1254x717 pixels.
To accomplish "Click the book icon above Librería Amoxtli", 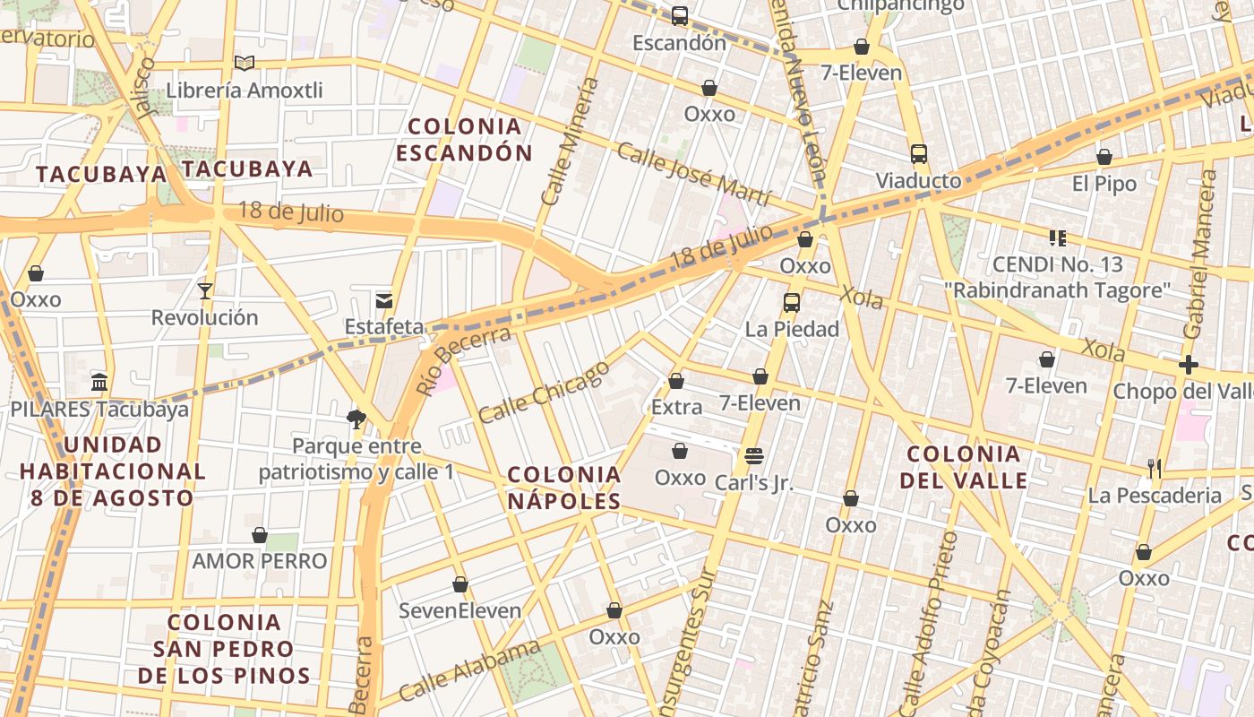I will tap(245, 63).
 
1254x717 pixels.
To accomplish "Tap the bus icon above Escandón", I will tap(680, 15).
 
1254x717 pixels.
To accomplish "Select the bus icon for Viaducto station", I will tap(919, 153).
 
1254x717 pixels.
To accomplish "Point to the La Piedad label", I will tap(792, 329).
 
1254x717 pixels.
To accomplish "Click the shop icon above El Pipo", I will tap(1104, 158).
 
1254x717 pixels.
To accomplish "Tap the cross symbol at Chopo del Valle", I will tap(1189, 365).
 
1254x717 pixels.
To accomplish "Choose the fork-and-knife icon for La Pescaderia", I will tap(1155, 468).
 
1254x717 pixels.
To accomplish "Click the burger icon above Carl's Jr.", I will tap(754, 455).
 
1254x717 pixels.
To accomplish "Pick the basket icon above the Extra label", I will tap(676, 381).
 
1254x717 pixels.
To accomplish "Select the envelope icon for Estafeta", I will tap(384, 300).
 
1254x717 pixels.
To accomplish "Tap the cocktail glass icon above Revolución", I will tap(205, 290).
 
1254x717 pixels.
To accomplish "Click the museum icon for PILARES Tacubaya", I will tap(99, 382).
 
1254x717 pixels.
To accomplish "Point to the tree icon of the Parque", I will tap(356, 418).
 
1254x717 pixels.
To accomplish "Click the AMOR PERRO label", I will tap(260, 561).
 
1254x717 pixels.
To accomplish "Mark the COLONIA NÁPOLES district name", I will tap(564, 488).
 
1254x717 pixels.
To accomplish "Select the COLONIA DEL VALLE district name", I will tap(964, 467).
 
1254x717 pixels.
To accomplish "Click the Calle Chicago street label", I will tap(544, 392).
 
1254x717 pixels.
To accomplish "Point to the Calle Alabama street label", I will tap(469, 671).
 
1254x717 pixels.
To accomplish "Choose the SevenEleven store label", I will tap(460, 611).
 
